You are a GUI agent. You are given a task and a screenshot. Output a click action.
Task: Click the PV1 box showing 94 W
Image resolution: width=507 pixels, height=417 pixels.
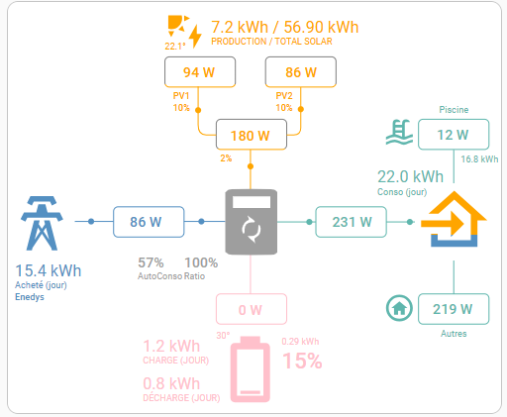200,72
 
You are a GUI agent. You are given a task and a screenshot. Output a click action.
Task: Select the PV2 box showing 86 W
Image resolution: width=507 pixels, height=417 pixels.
301,72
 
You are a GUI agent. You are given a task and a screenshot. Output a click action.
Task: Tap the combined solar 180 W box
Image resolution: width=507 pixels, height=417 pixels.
252,135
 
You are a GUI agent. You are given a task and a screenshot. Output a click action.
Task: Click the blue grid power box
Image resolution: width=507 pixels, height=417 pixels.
149,222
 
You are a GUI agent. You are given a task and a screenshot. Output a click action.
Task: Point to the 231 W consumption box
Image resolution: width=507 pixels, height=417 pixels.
351,222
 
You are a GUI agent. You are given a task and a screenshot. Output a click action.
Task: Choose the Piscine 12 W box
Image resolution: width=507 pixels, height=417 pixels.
454,135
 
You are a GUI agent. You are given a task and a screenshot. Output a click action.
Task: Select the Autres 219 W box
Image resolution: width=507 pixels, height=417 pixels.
454,309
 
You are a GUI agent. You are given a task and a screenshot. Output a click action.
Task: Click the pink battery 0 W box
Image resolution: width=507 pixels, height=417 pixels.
252,309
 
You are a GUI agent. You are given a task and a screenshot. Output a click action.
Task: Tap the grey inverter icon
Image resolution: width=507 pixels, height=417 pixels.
252,222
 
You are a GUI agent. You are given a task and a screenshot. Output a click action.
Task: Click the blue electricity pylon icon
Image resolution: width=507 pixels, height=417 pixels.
42,223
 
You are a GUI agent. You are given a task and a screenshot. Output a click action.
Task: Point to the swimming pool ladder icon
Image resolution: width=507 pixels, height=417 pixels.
400,132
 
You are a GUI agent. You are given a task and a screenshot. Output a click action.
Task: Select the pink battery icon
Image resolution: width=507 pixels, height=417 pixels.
251,369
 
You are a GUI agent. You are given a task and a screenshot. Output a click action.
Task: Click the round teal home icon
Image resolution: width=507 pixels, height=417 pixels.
399,308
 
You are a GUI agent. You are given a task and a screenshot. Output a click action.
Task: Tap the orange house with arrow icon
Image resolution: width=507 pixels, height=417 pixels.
454,219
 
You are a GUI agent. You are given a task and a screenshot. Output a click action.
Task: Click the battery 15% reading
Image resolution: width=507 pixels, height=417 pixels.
302,361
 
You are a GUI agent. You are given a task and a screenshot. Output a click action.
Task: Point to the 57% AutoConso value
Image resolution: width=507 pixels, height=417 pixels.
151,262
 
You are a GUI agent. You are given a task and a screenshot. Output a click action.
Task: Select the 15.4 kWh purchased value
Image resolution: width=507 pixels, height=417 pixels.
49,270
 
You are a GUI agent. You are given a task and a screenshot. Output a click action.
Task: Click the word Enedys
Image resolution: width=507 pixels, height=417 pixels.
30,297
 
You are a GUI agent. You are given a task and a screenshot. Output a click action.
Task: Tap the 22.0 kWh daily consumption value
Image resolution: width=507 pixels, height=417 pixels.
410,176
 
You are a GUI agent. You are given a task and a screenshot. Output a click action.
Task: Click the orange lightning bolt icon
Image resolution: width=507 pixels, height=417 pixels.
195,36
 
